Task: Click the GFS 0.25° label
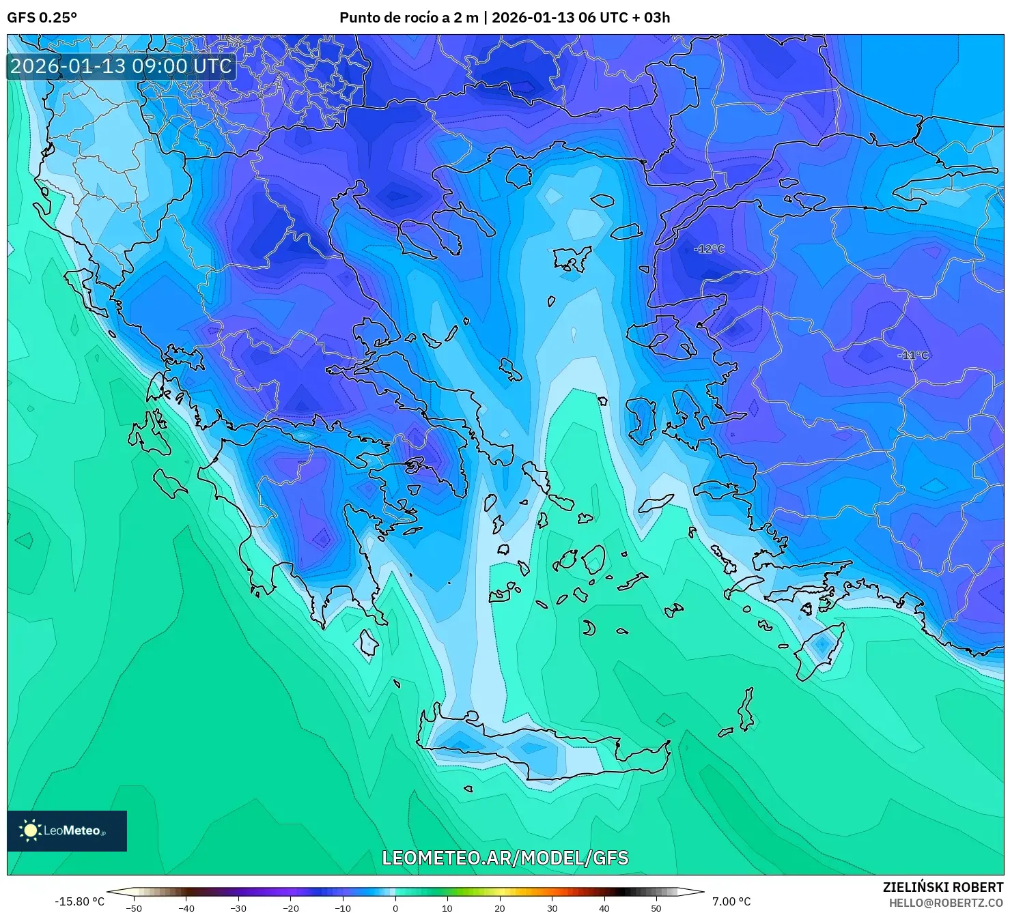click(x=42, y=18)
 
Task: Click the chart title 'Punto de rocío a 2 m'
click(x=408, y=18)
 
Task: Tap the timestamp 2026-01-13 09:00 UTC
click(x=121, y=66)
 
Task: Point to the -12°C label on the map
click(x=708, y=249)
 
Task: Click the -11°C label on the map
click(x=912, y=356)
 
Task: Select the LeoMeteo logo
click(x=67, y=830)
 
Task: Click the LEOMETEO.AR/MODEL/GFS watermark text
click(x=505, y=858)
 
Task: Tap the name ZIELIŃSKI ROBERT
click(x=942, y=887)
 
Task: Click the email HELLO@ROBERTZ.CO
click(x=946, y=903)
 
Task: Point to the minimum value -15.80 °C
click(x=79, y=901)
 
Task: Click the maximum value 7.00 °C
click(x=731, y=901)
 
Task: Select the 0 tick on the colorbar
click(x=395, y=908)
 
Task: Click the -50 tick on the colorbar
click(x=134, y=908)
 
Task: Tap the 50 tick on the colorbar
click(x=656, y=908)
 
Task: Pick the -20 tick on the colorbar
click(x=290, y=908)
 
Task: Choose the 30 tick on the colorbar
click(x=552, y=908)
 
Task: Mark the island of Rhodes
click(x=820, y=652)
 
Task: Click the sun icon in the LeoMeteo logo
click(x=30, y=830)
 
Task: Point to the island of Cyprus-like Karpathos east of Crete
click(x=746, y=713)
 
